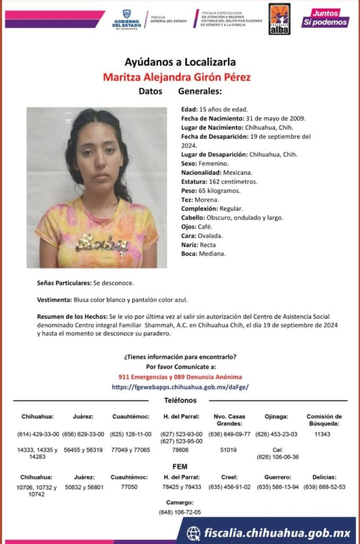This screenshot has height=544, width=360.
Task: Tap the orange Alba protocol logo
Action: (x=279, y=19)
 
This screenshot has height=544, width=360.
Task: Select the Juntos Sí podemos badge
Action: (x=325, y=18)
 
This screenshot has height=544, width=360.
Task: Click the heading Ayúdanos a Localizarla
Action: (x=180, y=61)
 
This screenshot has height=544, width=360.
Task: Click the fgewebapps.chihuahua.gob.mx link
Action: (x=180, y=387)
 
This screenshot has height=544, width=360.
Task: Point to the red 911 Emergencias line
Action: (x=180, y=377)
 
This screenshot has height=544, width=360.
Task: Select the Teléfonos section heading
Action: (x=180, y=401)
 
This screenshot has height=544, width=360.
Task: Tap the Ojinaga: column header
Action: (x=276, y=416)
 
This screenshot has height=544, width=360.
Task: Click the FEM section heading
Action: (x=180, y=466)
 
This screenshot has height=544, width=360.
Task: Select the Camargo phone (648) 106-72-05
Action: (x=179, y=512)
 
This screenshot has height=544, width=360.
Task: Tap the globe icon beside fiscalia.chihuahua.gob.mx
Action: (x=194, y=532)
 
